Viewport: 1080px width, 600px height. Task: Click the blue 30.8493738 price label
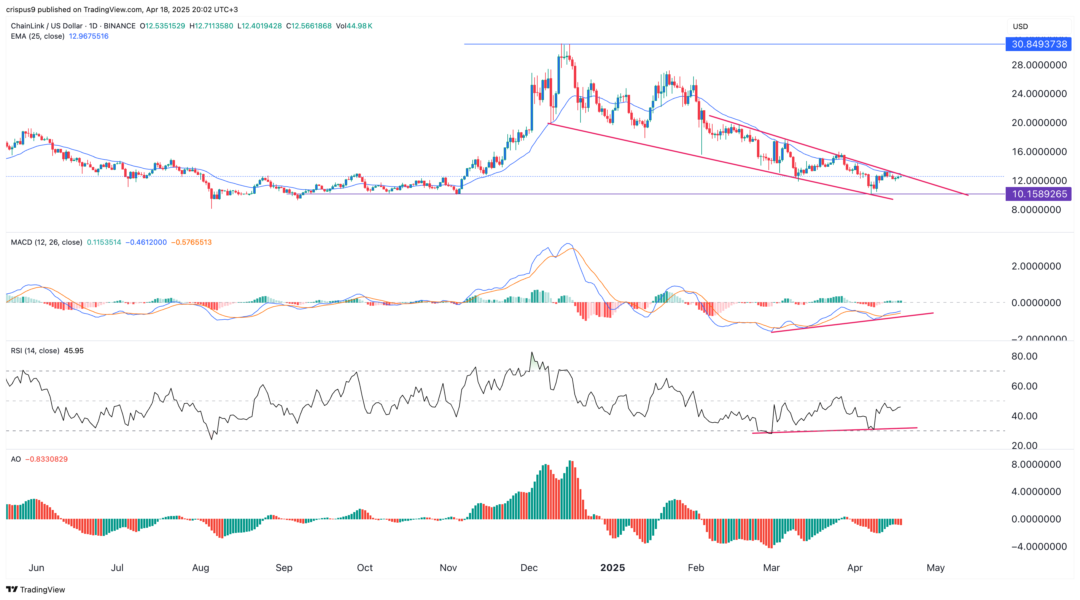pyautogui.click(x=1039, y=44)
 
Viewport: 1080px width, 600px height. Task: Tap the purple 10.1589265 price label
pyautogui.click(x=1039, y=194)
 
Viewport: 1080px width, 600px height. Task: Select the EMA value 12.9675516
pyautogui.click(x=89, y=36)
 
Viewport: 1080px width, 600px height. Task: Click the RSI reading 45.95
pyautogui.click(x=74, y=350)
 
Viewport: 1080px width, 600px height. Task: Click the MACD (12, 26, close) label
pyautogui.click(x=46, y=242)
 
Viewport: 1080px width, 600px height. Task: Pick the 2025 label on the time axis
pyautogui.click(x=612, y=568)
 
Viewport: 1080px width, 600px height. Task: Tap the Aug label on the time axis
pyautogui.click(x=200, y=568)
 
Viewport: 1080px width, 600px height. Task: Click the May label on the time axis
pyautogui.click(x=935, y=568)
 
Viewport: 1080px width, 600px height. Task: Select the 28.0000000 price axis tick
pyautogui.click(x=1039, y=65)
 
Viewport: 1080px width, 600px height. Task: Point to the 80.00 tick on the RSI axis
pyautogui.click(x=1024, y=356)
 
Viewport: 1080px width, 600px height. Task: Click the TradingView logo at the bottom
pyautogui.click(x=36, y=589)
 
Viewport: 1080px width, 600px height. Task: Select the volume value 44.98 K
pyautogui.click(x=354, y=26)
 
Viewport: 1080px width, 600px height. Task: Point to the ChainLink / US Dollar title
pyautogui.click(x=47, y=26)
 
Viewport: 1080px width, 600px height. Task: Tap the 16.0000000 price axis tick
pyautogui.click(x=1039, y=152)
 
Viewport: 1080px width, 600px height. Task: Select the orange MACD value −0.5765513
pyautogui.click(x=191, y=242)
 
